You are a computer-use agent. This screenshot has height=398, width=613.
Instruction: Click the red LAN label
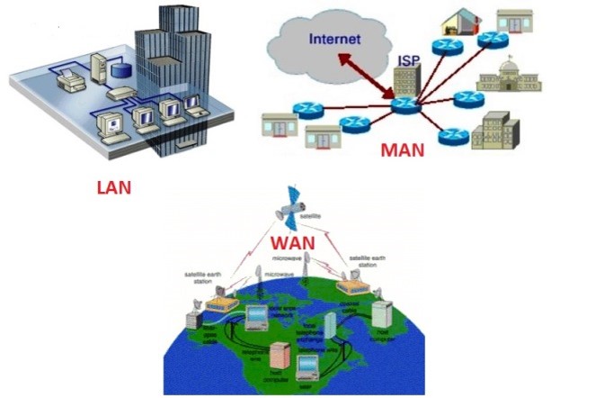113,188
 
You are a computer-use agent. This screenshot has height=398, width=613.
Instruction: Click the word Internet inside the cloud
334,39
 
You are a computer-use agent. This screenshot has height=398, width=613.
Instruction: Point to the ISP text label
410,60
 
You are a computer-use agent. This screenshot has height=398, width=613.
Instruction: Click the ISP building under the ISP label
406,82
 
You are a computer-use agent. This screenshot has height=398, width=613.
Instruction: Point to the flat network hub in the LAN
121,92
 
